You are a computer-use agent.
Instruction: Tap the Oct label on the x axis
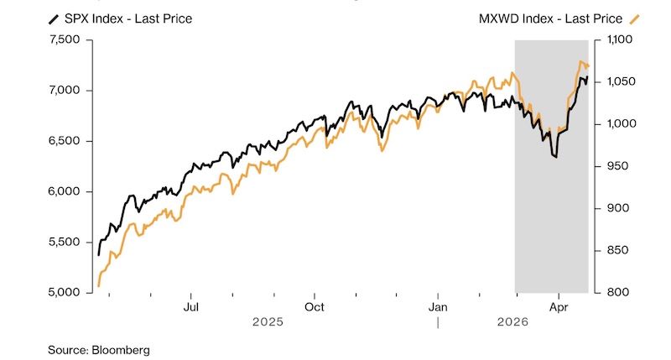[x=314, y=307]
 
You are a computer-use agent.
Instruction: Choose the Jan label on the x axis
[x=438, y=307]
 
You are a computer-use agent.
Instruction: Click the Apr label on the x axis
[x=559, y=307]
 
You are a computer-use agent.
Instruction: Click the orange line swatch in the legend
[x=635, y=18]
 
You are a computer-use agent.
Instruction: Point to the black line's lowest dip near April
[x=555, y=157]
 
